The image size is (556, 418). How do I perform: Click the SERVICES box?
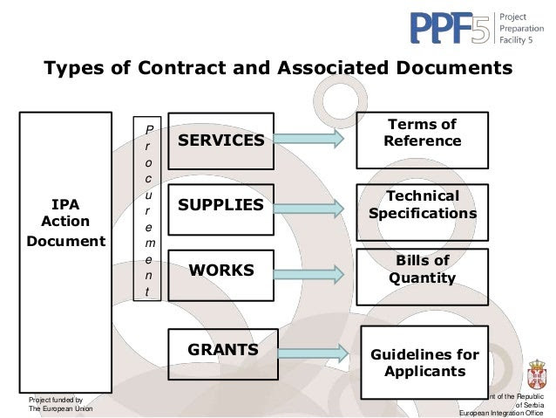tap(220, 140)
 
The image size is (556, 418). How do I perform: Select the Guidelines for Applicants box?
tap(424, 362)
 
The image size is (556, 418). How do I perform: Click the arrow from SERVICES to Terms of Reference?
tap(309, 137)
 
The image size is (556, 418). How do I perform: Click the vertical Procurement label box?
tap(148, 209)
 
